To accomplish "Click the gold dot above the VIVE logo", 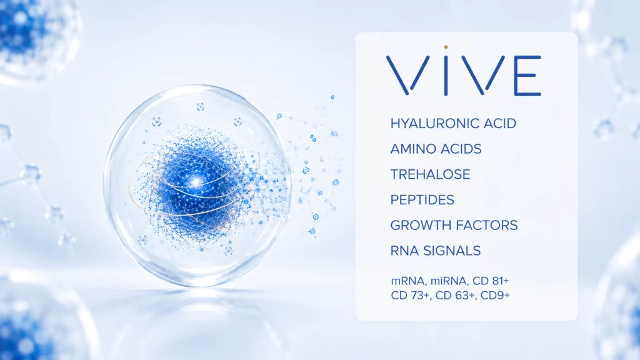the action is pyautogui.click(x=446, y=47).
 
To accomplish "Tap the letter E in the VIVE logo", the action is pyautogui.click(x=527, y=76).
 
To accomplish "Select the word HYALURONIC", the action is pyautogui.click(x=435, y=123).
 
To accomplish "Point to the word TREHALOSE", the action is pyautogui.click(x=430, y=174).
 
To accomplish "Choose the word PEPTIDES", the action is pyautogui.click(x=422, y=200).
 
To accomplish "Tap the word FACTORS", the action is pyautogui.click(x=486, y=225).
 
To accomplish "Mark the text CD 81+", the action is pyautogui.click(x=491, y=281).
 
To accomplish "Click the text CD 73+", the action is pyautogui.click(x=411, y=295).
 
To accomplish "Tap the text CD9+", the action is pyautogui.click(x=495, y=295).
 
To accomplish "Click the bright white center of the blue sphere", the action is pyautogui.click(x=197, y=181).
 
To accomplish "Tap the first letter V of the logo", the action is pyautogui.click(x=407, y=76).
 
